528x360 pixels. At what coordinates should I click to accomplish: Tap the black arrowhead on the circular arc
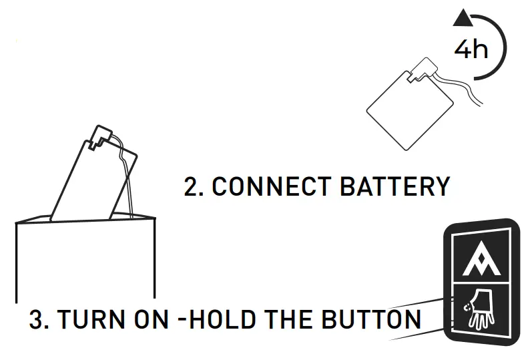pyautogui.click(x=461, y=19)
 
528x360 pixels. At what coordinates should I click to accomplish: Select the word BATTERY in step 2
pyautogui.click(x=395, y=187)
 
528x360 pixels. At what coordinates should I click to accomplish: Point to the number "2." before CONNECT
pyautogui.click(x=194, y=187)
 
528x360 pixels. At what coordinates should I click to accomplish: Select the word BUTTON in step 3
pyautogui.click(x=374, y=319)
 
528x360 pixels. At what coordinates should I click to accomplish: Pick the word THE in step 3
pyautogui.click(x=292, y=319)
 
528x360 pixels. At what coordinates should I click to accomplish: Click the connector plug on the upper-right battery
pyautogui.click(x=423, y=69)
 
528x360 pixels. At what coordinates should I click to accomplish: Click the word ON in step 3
pyautogui.click(x=147, y=319)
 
